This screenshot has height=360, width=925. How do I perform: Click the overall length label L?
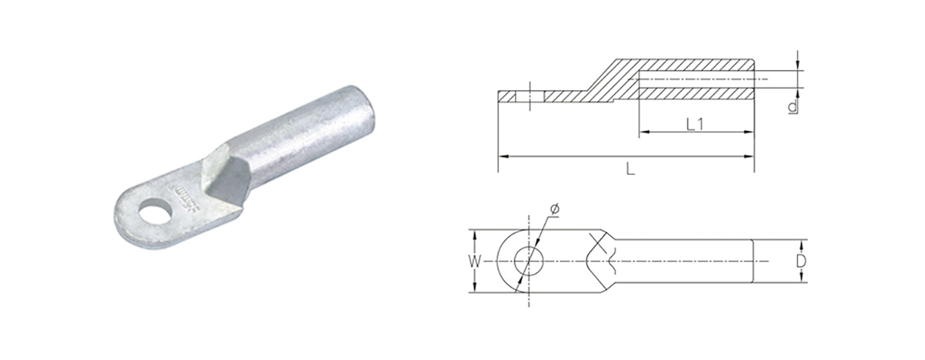pyautogui.click(x=630, y=171)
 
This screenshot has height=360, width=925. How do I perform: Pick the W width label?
pyautogui.click(x=477, y=262)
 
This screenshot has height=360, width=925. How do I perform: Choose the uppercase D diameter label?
pyautogui.click(x=801, y=261)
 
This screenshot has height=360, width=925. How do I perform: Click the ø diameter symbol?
pyautogui.click(x=555, y=209)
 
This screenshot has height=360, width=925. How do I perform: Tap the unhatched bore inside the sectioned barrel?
pyautogui.click(x=694, y=80)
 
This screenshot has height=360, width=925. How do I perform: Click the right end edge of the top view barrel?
pyautogui.click(x=752, y=261)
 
